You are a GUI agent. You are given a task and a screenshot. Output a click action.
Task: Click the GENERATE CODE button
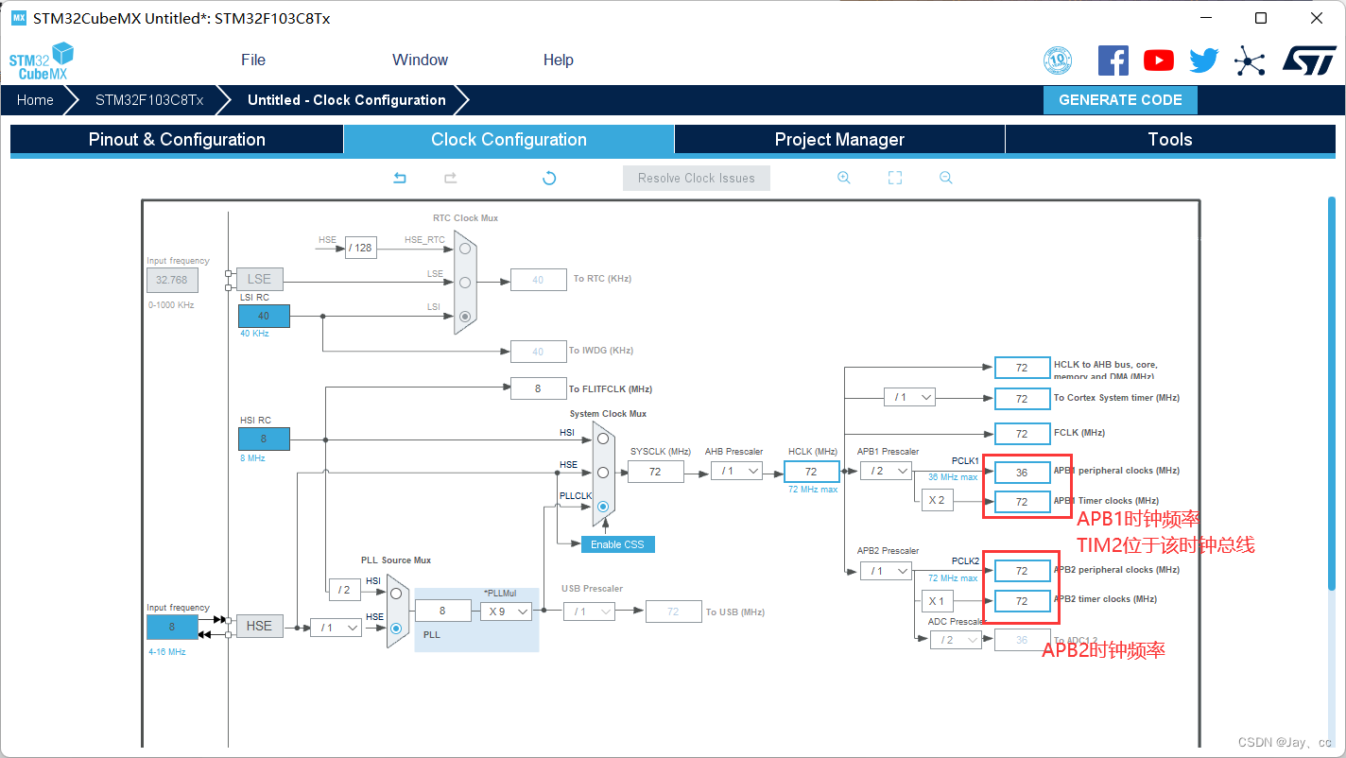[1120, 100]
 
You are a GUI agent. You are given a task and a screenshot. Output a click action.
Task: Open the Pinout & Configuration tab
[177, 140]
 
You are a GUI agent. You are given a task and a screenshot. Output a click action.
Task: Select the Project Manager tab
[839, 140]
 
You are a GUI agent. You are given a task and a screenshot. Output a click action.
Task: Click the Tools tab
[1169, 140]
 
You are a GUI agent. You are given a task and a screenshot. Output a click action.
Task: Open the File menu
[253, 60]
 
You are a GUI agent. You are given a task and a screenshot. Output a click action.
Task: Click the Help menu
[558, 60]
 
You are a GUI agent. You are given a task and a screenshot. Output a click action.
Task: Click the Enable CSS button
[617, 544]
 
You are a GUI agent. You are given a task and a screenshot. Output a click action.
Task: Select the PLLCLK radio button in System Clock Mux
[603, 507]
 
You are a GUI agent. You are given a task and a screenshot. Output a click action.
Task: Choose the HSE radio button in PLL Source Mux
[396, 628]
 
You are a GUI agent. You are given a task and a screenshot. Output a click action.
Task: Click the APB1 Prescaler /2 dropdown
[886, 471]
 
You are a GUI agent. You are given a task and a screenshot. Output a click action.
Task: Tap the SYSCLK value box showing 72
[655, 471]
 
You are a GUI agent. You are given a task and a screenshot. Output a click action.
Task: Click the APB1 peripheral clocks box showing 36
[1022, 471]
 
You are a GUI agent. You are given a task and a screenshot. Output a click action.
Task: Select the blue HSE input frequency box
[172, 627]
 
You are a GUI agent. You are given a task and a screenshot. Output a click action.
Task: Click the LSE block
[259, 279]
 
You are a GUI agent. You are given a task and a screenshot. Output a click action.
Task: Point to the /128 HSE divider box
[360, 248]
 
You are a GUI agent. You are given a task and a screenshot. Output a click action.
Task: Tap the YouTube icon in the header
[1158, 60]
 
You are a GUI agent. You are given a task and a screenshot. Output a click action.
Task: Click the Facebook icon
[1113, 60]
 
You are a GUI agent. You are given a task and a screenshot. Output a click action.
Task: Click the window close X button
[1317, 18]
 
